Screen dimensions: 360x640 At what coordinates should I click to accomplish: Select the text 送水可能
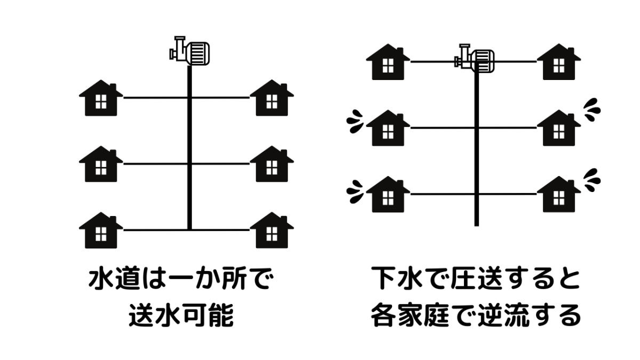click(x=181, y=316)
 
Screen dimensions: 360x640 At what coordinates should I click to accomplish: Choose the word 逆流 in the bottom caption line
click(x=506, y=316)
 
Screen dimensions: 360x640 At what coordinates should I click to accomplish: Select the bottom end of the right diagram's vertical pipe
click(x=476, y=222)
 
